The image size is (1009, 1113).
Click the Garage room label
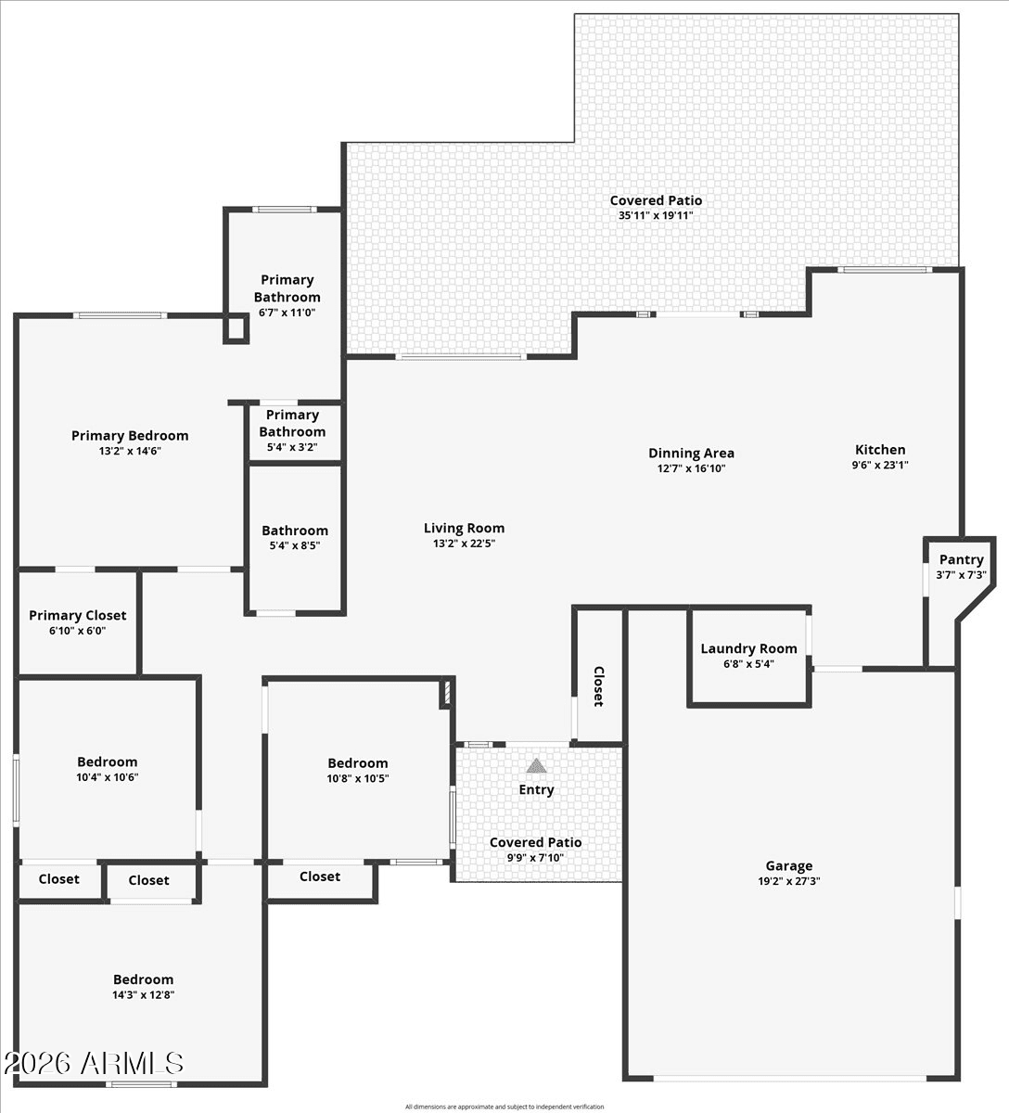[788, 865]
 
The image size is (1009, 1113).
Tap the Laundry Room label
[748, 648]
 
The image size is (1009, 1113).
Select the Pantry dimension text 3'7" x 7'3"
[962, 575]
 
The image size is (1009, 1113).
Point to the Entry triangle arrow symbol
[536, 766]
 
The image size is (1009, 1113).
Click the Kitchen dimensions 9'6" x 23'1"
[880, 465]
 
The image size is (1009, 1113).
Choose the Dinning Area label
[691, 454]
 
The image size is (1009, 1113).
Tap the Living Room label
[464, 528]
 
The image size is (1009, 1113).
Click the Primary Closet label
[78, 615]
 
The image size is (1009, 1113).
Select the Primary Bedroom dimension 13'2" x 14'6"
[130, 451]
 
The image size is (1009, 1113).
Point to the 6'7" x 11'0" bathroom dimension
[287, 313]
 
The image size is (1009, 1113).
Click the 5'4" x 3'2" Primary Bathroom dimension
[292, 447]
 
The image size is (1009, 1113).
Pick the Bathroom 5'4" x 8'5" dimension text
[295, 545]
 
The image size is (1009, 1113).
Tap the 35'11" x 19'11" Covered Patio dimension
[656, 215]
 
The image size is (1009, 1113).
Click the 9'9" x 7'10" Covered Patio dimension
[536, 858]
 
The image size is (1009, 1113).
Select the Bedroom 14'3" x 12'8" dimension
[143, 995]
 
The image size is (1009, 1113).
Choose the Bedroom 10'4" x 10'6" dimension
[108, 777]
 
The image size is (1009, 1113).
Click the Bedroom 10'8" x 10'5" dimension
[357, 778]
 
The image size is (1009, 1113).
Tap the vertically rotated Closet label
[599, 686]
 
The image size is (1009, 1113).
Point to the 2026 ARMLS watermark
[94, 1063]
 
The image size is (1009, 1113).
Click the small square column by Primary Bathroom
[236, 328]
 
